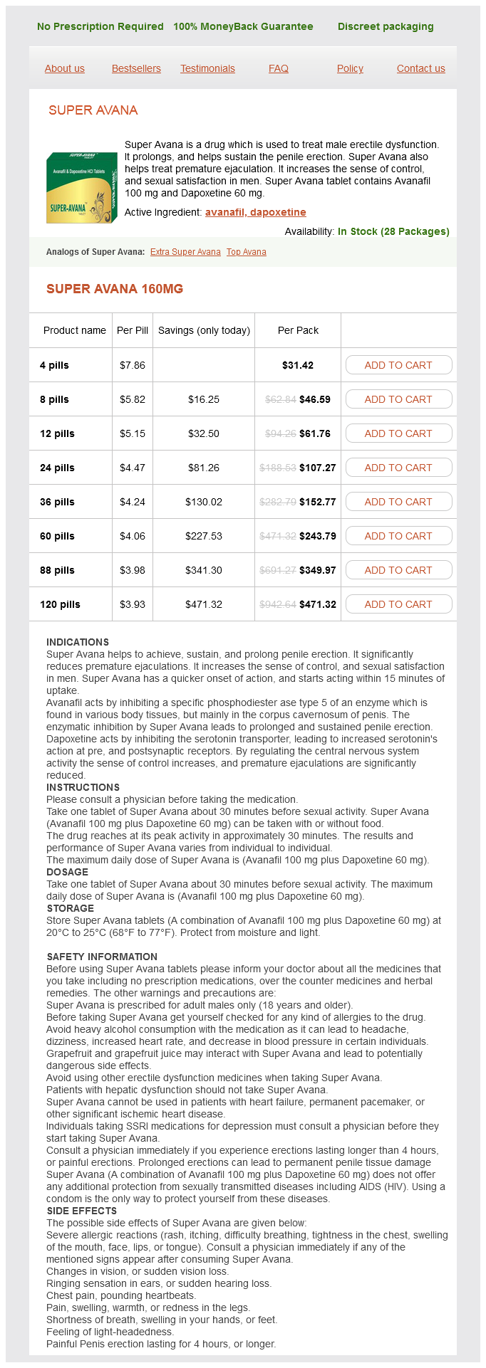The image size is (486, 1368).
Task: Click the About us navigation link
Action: tap(64, 68)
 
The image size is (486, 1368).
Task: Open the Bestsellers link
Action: tap(136, 68)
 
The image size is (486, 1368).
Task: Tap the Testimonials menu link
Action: tap(207, 68)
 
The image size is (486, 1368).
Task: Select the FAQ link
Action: tap(279, 68)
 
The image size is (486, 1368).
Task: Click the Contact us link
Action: tap(420, 68)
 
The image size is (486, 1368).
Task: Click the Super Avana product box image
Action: tap(81, 187)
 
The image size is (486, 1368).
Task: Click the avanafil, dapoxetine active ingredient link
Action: tap(255, 212)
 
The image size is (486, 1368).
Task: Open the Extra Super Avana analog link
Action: tap(185, 252)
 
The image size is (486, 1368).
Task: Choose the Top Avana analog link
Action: tap(246, 252)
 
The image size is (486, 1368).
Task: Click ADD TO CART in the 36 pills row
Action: tap(398, 502)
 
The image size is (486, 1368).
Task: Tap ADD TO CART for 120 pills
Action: tap(398, 604)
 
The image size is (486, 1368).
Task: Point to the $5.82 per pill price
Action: tap(133, 399)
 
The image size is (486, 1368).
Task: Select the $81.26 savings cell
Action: tap(204, 468)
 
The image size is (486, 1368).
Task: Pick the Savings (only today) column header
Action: tap(204, 330)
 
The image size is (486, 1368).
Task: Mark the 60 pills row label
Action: tap(57, 536)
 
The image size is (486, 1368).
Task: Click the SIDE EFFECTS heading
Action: tap(82, 1211)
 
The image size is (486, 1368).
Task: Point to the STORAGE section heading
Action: tap(71, 908)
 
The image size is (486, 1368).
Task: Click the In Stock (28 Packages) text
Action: tap(393, 231)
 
